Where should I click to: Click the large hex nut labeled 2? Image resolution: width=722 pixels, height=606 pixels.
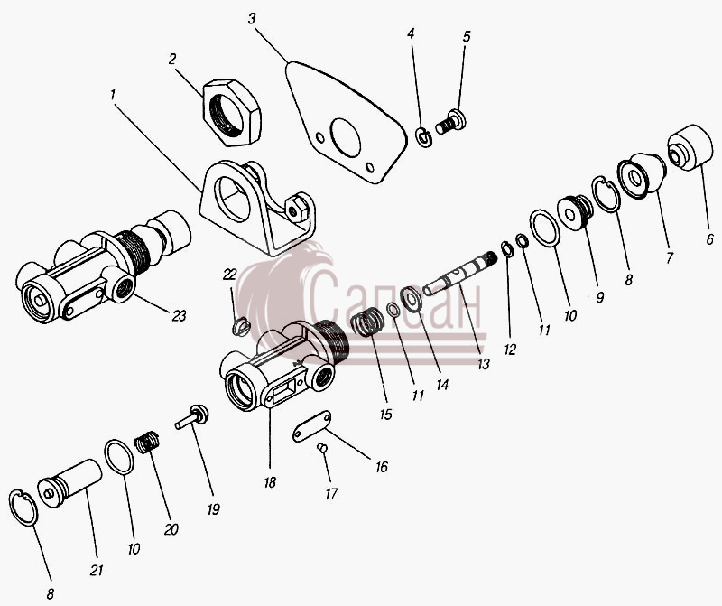[232, 112]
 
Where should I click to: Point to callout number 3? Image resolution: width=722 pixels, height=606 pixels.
[252, 19]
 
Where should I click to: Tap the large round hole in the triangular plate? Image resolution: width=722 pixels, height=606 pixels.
[346, 137]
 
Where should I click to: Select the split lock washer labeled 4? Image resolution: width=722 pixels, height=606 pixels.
[423, 137]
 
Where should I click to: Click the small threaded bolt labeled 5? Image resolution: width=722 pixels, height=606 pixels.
[450, 122]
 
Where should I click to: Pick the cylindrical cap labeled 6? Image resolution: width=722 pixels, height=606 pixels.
[690, 147]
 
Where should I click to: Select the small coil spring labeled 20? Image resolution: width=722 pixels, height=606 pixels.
[147, 443]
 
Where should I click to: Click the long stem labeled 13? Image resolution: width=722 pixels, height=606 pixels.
[459, 275]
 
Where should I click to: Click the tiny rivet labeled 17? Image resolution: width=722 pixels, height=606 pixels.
[323, 447]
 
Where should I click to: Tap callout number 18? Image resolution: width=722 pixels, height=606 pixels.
[270, 482]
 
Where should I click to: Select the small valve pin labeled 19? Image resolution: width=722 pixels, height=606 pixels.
[191, 416]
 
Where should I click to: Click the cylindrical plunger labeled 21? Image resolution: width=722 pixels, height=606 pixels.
[70, 483]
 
